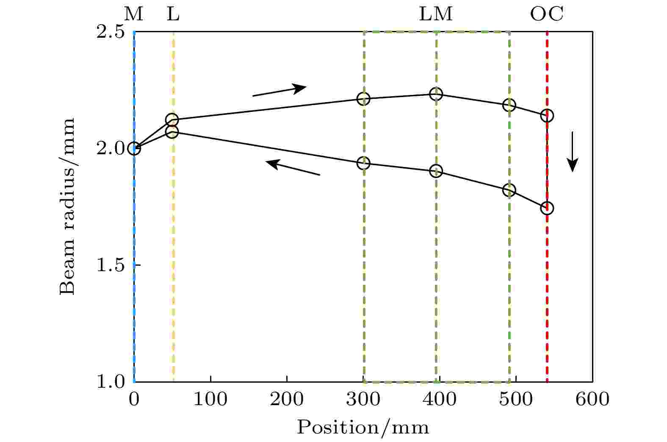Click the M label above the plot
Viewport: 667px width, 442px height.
(x=134, y=15)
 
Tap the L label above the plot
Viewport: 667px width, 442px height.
(x=173, y=15)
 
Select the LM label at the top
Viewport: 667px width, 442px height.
(x=436, y=15)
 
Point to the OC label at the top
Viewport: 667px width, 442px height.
(x=547, y=15)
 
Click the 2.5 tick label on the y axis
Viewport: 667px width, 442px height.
(x=110, y=32)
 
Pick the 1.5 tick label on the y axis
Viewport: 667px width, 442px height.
(x=110, y=266)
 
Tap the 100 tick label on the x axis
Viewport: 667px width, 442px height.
(x=210, y=399)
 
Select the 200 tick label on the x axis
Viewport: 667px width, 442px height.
(x=287, y=399)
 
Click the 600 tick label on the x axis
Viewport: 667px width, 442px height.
(x=592, y=399)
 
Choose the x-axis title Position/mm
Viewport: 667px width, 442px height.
(x=363, y=427)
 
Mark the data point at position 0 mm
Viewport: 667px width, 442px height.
(x=134, y=148)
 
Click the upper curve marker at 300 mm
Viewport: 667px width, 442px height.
(x=363, y=99)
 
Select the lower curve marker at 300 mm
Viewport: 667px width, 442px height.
(x=363, y=163)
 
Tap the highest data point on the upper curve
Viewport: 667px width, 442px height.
(x=436, y=94)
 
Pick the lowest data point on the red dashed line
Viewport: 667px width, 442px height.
(x=547, y=208)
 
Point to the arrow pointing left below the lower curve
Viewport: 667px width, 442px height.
(x=293, y=168)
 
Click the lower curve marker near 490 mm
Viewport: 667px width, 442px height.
(x=509, y=190)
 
